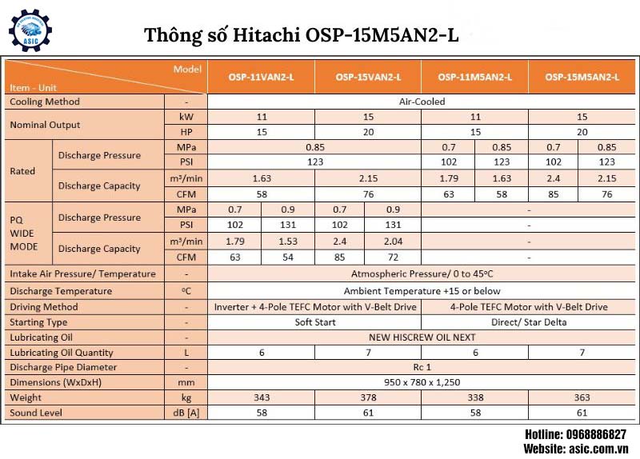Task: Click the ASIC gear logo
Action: pos(30,30)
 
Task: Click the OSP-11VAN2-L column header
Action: pos(261,78)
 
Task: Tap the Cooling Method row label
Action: pos(45,102)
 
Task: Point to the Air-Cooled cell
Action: pos(422,102)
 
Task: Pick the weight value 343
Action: pos(261,397)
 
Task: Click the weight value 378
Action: pos(368,397)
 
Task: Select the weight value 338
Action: pos(475,397)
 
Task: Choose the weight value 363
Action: pos(582,397)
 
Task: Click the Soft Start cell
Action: pos(314,322)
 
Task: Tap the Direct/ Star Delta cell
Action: pos(529,322)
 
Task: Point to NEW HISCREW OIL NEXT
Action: pos(422,337)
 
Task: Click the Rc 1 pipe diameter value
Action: pos(422,368)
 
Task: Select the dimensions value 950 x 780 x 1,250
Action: pos(422,383)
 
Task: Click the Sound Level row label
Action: pos(35,413)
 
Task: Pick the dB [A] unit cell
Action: pos(186,413)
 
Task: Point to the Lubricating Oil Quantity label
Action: pos(62,353)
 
